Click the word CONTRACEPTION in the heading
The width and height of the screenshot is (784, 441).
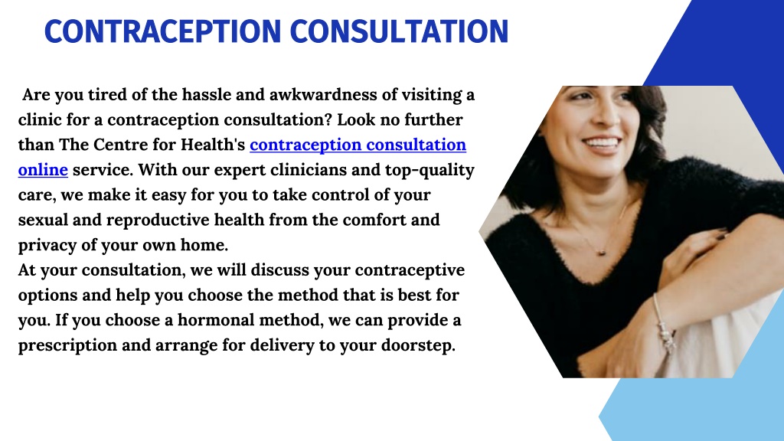click(162, 31)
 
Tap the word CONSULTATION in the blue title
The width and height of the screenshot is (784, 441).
click(399, 31)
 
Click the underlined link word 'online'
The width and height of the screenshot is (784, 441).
click(43, 170)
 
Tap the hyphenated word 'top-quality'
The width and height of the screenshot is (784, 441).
click(430, 171)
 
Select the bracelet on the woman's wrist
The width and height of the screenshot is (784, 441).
click(665, 324)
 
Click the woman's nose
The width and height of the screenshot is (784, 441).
click(606, 116)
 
